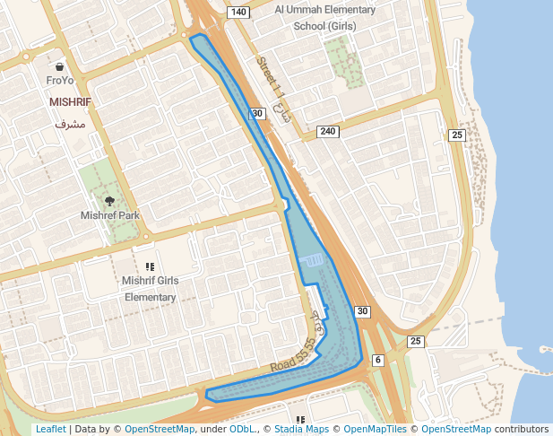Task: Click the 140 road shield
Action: click(238, 12)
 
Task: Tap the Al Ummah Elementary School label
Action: click(324, 18)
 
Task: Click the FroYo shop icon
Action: click(59, 66)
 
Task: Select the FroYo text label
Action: click(59, 81)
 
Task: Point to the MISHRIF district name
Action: click(71, 102)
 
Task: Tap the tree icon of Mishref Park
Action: click(110, 201)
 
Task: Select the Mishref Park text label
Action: click(110, 216)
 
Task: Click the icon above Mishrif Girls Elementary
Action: click(150, 266)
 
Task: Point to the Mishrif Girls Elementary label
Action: click(150, 289)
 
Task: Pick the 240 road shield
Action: click(328, 132)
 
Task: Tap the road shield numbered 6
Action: click(377, 360)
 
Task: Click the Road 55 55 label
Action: click(294, 357)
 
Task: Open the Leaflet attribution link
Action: click(50, 429)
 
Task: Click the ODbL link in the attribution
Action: click(242, 429)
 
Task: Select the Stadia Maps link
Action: click(301, 429)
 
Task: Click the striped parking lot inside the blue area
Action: click(314, 259)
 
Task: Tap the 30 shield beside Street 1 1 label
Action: click(257, 113)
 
